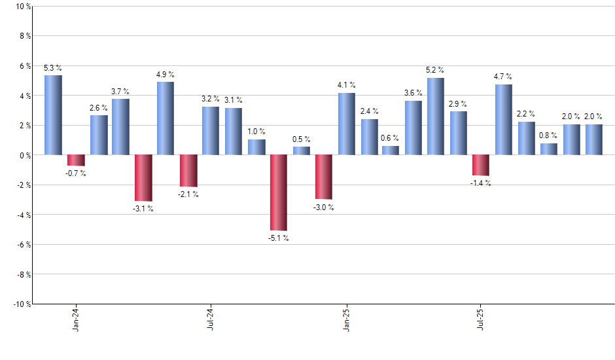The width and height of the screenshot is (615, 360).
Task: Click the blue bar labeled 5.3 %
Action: [x=53, y=115]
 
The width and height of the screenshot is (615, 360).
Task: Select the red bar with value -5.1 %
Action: [x=278, y=192]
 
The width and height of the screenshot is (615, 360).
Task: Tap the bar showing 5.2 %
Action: [x=436, y=117]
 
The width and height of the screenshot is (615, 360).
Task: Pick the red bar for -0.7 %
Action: [x=76, y=160]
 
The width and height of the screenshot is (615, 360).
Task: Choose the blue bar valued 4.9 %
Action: [x=166, y=118]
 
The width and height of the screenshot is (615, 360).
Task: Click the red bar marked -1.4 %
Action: [x=481, y=166]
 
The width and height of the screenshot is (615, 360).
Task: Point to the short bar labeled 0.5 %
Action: [x=301, y=151]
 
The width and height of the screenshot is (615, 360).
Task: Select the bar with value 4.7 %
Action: [x=503, y=120]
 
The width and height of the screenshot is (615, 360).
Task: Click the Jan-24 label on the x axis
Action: [x=77, y=319]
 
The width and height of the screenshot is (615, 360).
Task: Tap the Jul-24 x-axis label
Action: [x=211, y=319]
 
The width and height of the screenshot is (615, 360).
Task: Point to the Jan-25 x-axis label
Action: [x=346, y=319]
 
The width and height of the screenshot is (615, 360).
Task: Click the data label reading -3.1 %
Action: [x=143, y=209]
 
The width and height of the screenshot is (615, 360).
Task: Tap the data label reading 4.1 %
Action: [x=347, y=85]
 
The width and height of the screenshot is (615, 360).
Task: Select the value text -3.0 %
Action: [x=323, y=207]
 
